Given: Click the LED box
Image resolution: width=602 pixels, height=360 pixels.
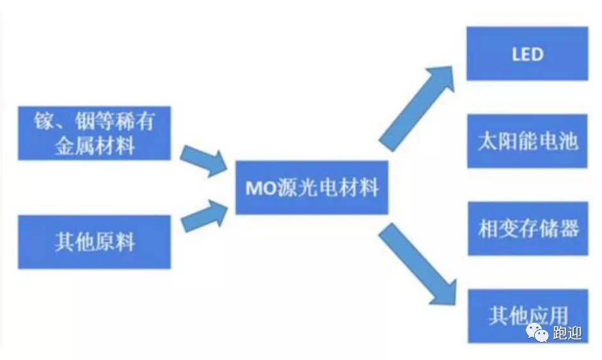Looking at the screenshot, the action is coord(527,53).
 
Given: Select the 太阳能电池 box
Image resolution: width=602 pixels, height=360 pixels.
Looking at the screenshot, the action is coord(527,141).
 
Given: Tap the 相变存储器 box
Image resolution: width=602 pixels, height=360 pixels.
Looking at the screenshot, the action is coord(528,229).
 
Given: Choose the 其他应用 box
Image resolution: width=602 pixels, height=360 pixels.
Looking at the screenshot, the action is coord(528,316).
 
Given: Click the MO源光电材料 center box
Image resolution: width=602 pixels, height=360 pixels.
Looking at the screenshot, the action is coord(312,188).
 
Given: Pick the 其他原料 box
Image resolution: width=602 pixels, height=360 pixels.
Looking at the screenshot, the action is coord(94,242).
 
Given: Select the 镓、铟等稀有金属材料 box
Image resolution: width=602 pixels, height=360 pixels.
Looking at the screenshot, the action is coord(94,133).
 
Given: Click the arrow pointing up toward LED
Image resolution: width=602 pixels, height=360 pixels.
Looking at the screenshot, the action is coord(416,108).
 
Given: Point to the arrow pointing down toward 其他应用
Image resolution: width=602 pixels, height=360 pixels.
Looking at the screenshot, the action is coord(418,265).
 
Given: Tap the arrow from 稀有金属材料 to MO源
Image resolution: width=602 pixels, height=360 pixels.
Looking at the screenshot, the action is coord(204,161).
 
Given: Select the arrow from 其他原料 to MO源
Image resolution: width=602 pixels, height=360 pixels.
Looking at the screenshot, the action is coord(204,216).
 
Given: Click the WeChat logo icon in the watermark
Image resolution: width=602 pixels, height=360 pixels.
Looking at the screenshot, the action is coord(537,332).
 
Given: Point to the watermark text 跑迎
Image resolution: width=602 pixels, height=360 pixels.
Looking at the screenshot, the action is coord(567,333).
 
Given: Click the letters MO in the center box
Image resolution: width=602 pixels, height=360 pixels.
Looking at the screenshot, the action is coord(261,188).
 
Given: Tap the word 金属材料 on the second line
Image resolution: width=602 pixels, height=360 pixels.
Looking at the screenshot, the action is coord(94,146).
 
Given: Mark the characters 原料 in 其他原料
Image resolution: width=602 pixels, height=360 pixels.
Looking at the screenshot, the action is coord(115,242).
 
